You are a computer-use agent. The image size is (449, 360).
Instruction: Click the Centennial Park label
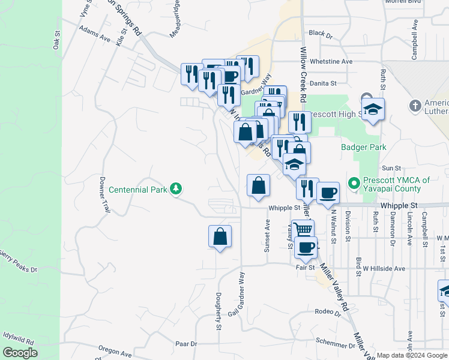click(138, 190)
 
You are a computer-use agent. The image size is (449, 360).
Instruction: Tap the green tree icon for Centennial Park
click(176, 189)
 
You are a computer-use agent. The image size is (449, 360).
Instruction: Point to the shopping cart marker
click(304, 230)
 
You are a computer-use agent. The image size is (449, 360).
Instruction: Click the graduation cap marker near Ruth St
click(373, 109)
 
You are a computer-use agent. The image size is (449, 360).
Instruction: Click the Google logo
click(20, 353)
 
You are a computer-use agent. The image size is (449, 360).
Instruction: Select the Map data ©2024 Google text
click(412, 355)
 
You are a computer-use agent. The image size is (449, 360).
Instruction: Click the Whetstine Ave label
click(330, 62)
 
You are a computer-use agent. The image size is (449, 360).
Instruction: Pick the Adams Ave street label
click(95, 38)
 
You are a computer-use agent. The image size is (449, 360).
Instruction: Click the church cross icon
click(415, 106)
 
